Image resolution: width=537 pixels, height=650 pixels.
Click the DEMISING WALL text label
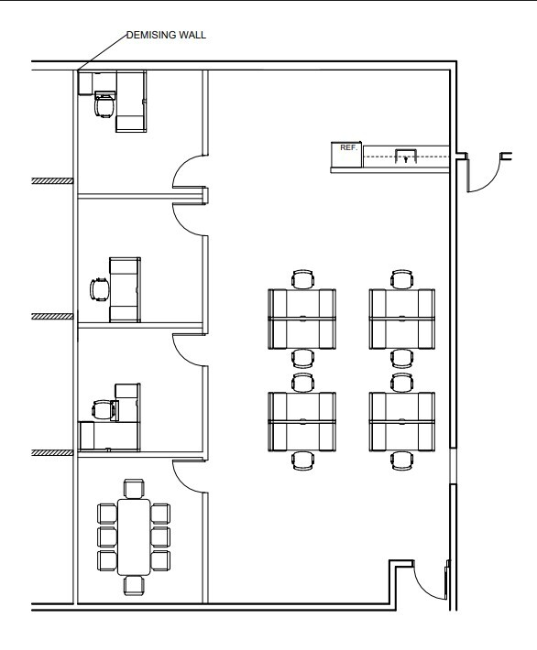pos(166,35)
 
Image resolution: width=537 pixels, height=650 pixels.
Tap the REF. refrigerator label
pos(348,147)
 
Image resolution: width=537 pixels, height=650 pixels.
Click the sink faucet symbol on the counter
pos(405,158)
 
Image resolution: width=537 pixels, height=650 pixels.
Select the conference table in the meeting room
pos(134,536)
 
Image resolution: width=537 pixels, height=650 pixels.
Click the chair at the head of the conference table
pos(134,488)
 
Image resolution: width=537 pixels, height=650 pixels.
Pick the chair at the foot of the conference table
pos(134,585)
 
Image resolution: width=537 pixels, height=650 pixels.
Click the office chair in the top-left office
pos(104,105)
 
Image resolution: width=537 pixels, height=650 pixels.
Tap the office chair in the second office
pos(100,289)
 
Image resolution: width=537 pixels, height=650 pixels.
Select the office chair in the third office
pos(104,410)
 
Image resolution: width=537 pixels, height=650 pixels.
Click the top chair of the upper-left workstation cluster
pos(302,279)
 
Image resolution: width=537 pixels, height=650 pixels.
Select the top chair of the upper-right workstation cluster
pos(401,279)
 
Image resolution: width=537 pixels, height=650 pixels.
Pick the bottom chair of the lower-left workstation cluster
pos(302,460)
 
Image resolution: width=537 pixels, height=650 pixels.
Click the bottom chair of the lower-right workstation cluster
pos(401,460)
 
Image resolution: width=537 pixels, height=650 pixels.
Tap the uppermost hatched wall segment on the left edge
pos(52,180)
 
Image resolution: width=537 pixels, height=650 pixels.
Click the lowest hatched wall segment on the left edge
pos(52,452)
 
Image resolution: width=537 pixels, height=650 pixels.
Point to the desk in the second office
pos(125,289)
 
